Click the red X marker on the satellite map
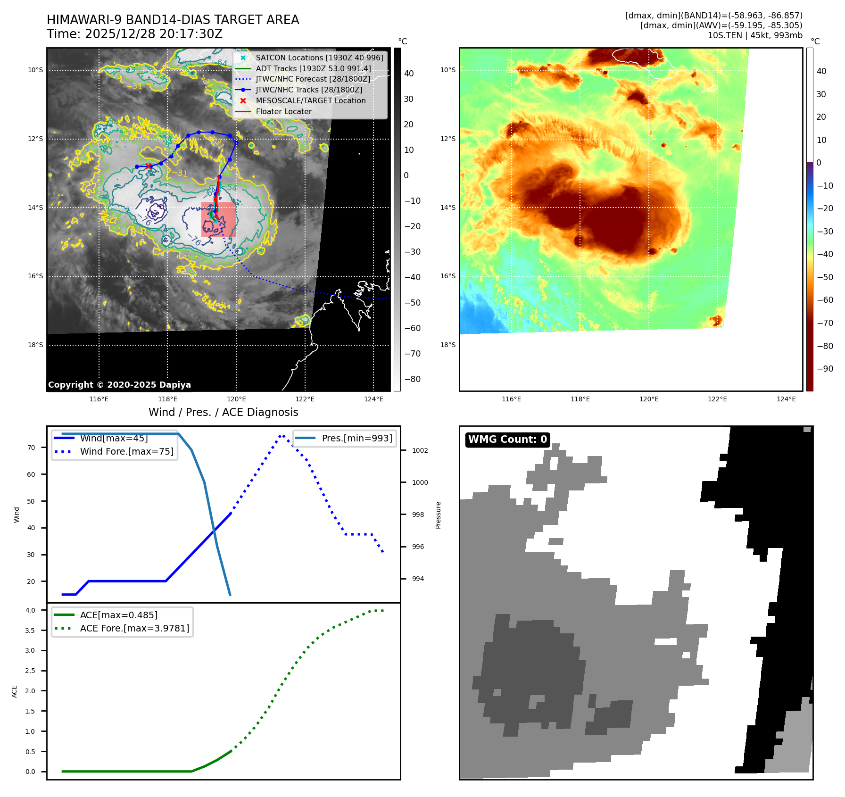(x=149, y=166)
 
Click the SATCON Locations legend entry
(x=319, y=58)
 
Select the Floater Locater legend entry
(x=283, y=111)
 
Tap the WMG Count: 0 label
(x=507, y=440)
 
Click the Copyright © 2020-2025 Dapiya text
(x=119, y=385)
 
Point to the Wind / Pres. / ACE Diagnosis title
(x=223, y=412)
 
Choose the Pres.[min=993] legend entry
(x=356, y=438)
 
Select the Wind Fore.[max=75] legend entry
(x=126, y=451)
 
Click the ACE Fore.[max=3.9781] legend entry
(x=134, y=628)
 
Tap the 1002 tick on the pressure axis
(x=420, y=450)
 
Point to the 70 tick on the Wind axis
(x=31, y=448)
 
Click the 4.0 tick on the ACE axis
(x=30, y=610)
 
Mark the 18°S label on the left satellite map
(x=35, y=345)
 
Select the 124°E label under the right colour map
(x=786, y=399)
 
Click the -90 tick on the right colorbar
(x=825, y=369)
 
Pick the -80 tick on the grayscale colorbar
(x=412, y=379)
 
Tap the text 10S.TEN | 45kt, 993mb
(x=754, y=35)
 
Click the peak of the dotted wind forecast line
(x=282, y=436)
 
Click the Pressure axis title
(x=438, y=515)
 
